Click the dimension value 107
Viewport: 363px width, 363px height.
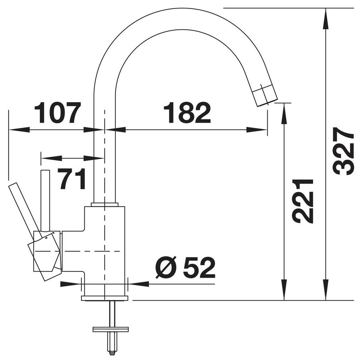58,113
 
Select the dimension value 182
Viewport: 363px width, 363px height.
187,113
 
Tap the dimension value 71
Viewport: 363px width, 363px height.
72,178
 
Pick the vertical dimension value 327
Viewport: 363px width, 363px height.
343,151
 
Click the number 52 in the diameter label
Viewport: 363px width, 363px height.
199,268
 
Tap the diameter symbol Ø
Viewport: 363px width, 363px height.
166,268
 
